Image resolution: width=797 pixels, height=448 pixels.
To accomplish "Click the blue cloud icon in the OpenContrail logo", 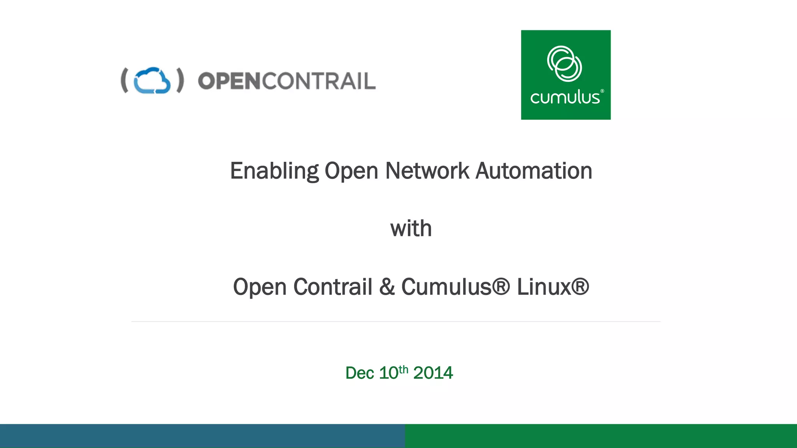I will coord(152,80).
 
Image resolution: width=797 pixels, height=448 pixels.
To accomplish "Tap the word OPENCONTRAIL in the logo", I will coord(287,81).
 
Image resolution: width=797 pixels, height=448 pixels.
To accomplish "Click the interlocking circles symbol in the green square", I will coord(564,64).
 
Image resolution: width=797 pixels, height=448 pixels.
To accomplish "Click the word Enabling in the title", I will coord(274,171).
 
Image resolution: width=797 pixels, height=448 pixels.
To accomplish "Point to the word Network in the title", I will coord(427,171).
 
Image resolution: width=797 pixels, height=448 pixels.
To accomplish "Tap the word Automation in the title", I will coord(534,171).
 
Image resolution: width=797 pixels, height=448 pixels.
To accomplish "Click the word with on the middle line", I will coord(411,228).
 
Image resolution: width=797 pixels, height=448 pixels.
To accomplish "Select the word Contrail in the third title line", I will coord(333,287).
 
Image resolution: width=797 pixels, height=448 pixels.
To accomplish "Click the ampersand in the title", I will coord(387,287).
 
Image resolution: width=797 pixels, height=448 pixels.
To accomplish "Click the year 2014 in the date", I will coord(433,373).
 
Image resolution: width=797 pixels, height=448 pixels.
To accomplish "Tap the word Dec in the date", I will coord(360,373).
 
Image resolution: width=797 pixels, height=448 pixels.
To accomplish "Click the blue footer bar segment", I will coord(202,436).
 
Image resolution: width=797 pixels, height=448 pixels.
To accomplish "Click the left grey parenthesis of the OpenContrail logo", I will coord(125,80).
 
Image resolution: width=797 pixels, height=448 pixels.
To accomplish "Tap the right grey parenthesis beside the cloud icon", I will coord(180,80).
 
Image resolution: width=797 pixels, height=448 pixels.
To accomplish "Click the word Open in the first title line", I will coord(351,171).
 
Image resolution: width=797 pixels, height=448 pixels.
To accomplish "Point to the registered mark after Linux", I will coord(580,287).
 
